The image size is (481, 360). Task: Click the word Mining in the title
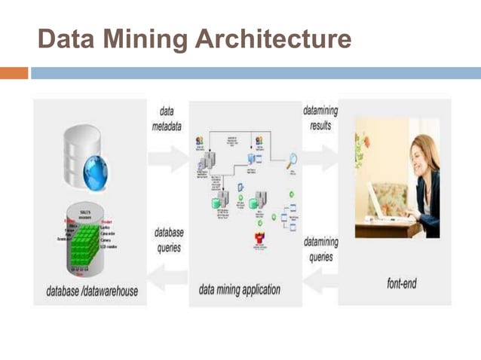point(144,39)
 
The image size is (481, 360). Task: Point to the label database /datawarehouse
point(91,291)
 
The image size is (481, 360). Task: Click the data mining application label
point(240,290)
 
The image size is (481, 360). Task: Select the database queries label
point(169,239)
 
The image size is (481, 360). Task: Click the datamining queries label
point(320,250)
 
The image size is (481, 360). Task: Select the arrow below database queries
point(167,277)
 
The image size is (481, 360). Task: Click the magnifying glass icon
point(290,160)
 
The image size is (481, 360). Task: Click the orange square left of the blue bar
point(14,73)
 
